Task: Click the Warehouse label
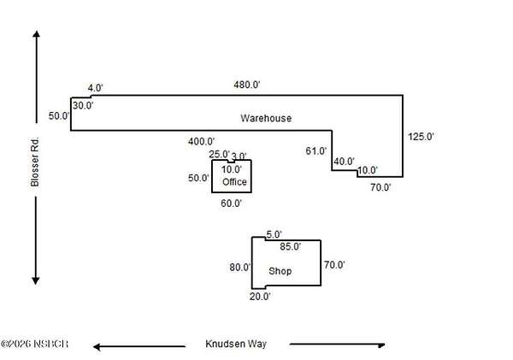[x=265, y=119]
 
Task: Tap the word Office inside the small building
[x=234, y=182]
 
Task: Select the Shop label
[x=280, y=271]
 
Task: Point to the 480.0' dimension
[x=247, y=85]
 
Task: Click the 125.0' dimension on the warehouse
[x=421, y=136]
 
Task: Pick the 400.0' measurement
[x=201, y=142]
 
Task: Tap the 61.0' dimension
[x=316, y=151]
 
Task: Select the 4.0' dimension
[x=95, y=88]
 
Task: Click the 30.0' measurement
[x=83, y=105]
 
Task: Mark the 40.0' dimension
[x=344, y=162]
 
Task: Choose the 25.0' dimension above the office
[x=220, y=154]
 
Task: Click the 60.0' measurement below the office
[x=231, y=204]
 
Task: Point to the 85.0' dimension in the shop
[x=291, y=247]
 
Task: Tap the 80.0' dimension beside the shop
[x=239, y=267]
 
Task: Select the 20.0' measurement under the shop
[x=260, y=297]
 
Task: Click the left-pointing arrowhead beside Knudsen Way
[x=99, y=346]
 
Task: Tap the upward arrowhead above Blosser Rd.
[x=36, y=36]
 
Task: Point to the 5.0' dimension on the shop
[x=274, y=235]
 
